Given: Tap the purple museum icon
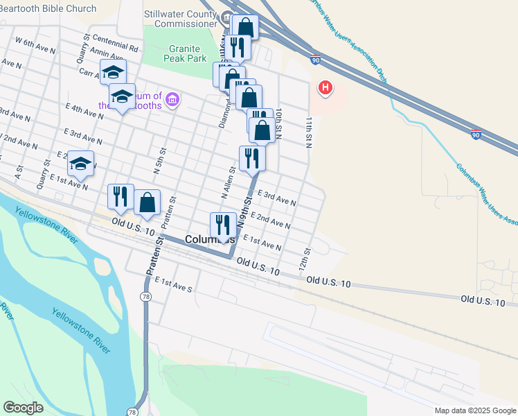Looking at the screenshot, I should pyautogui.click(x=172, y=101).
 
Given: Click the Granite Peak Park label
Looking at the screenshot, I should pyautogui.click(x=185, y=54).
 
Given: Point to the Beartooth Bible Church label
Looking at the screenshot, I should pyautogui.click(x=48, y=8).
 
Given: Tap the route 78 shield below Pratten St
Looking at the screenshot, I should pyautogui.click(x=145, y=277).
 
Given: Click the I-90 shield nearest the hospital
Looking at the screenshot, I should pyautogui.click(x=315, y=60).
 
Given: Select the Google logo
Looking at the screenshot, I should pyautogui.click(x=23, y=408).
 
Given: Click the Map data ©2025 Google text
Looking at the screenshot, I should pyautogui.click(x=474, y=410).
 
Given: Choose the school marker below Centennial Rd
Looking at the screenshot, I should pyautogui.click(x=113, y=71).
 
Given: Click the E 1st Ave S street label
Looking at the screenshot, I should pyautogui.click(x=173, y=284).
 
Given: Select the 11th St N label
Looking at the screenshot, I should pyautogui.click(x=310, y=131).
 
